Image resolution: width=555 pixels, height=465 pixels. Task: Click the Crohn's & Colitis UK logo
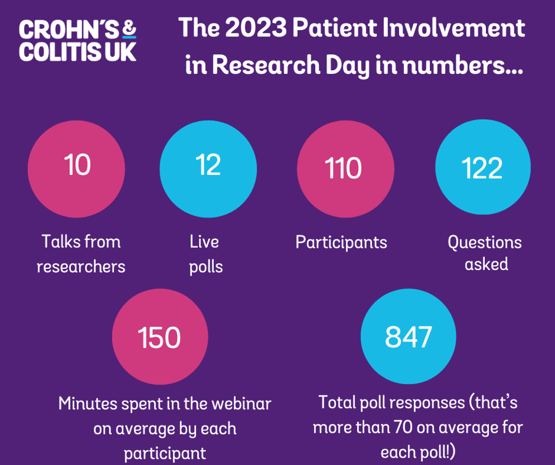pos(78,41)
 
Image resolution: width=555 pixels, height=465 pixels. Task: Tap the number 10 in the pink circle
pos(78,165)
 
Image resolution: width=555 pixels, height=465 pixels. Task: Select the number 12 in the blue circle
pos(208,165)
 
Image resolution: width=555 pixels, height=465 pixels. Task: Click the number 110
pos(345,168)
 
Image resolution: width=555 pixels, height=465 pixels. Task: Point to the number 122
pos(483,168)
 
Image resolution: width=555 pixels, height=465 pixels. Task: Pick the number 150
pos(160,338)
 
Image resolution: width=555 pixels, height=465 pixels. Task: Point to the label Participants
pos(341,242)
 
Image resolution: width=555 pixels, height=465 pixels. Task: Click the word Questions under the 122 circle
pos(485,242)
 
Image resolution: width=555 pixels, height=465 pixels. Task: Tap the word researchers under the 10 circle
pos(81,266)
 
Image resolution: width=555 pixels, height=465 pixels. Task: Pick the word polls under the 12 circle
pos(206,266)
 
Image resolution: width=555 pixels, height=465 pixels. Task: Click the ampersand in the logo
pos(129,28)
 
